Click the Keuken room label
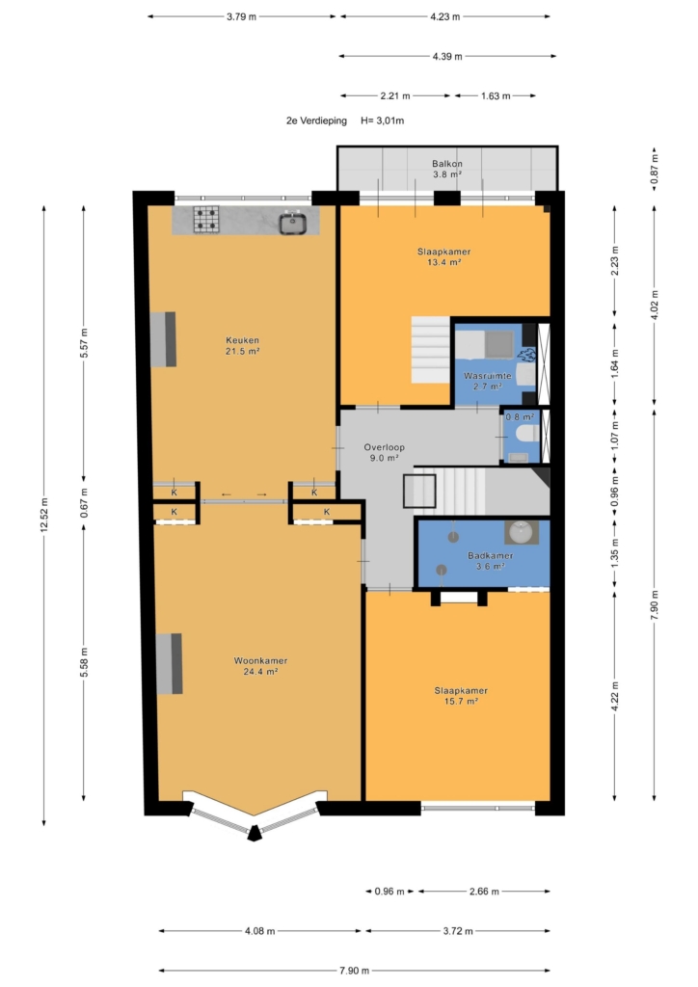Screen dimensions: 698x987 242,346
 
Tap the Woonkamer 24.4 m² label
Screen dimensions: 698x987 260,666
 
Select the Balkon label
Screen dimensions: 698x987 447,169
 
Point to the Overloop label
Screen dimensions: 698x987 384,453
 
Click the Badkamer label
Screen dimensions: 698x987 490,561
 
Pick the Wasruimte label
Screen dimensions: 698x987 488,381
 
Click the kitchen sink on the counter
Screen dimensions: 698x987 293,224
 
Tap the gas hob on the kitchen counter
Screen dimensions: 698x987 205,220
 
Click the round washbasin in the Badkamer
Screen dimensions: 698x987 522,532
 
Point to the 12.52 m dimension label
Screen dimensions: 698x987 44,515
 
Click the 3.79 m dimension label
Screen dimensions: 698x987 242,17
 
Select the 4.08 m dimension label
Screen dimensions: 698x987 260,931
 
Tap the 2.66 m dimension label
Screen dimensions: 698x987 484,892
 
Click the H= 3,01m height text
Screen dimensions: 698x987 382,120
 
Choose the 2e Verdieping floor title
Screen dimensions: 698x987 316,120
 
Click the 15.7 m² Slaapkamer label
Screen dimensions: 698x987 461,696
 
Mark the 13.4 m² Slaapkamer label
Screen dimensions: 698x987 443,256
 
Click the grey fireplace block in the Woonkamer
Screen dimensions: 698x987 170,663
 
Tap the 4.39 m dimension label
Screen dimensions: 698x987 447,57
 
